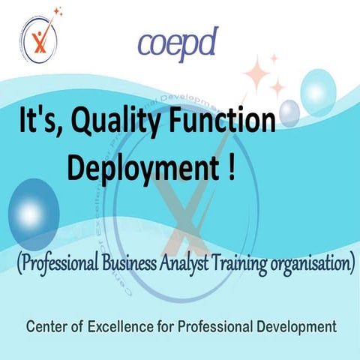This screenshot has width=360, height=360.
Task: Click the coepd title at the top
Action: pyautogui.click(x=178, y=44)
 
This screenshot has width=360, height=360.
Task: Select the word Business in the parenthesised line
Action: pyautogui.click(x=142, y=264)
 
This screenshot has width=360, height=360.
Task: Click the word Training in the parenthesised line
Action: pyautogui.click(x=250, y=264)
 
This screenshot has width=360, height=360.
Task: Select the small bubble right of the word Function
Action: pyautogui.click(x=289, y=114)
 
